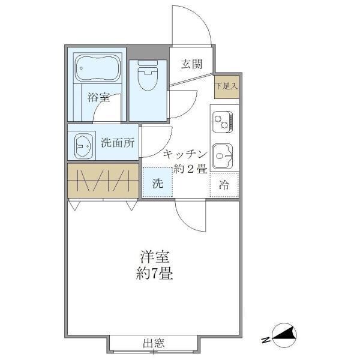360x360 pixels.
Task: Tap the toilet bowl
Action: coord(146,77)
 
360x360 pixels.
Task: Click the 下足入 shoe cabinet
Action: coord(227,86)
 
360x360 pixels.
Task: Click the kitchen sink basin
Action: coord(223,155)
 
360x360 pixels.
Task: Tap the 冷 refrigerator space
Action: coord(224,185)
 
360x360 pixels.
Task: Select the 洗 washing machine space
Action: coord(157,184)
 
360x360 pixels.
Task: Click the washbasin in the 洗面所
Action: coord(82,144)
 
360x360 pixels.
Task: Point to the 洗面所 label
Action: coord(118,143)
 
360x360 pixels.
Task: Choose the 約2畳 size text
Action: coord(190,169)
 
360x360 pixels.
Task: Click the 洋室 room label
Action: coord(155,257)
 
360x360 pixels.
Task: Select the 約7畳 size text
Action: coord(155,275)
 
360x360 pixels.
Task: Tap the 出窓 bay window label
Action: coord(154,344)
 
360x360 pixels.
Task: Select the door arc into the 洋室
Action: coord(187,215)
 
